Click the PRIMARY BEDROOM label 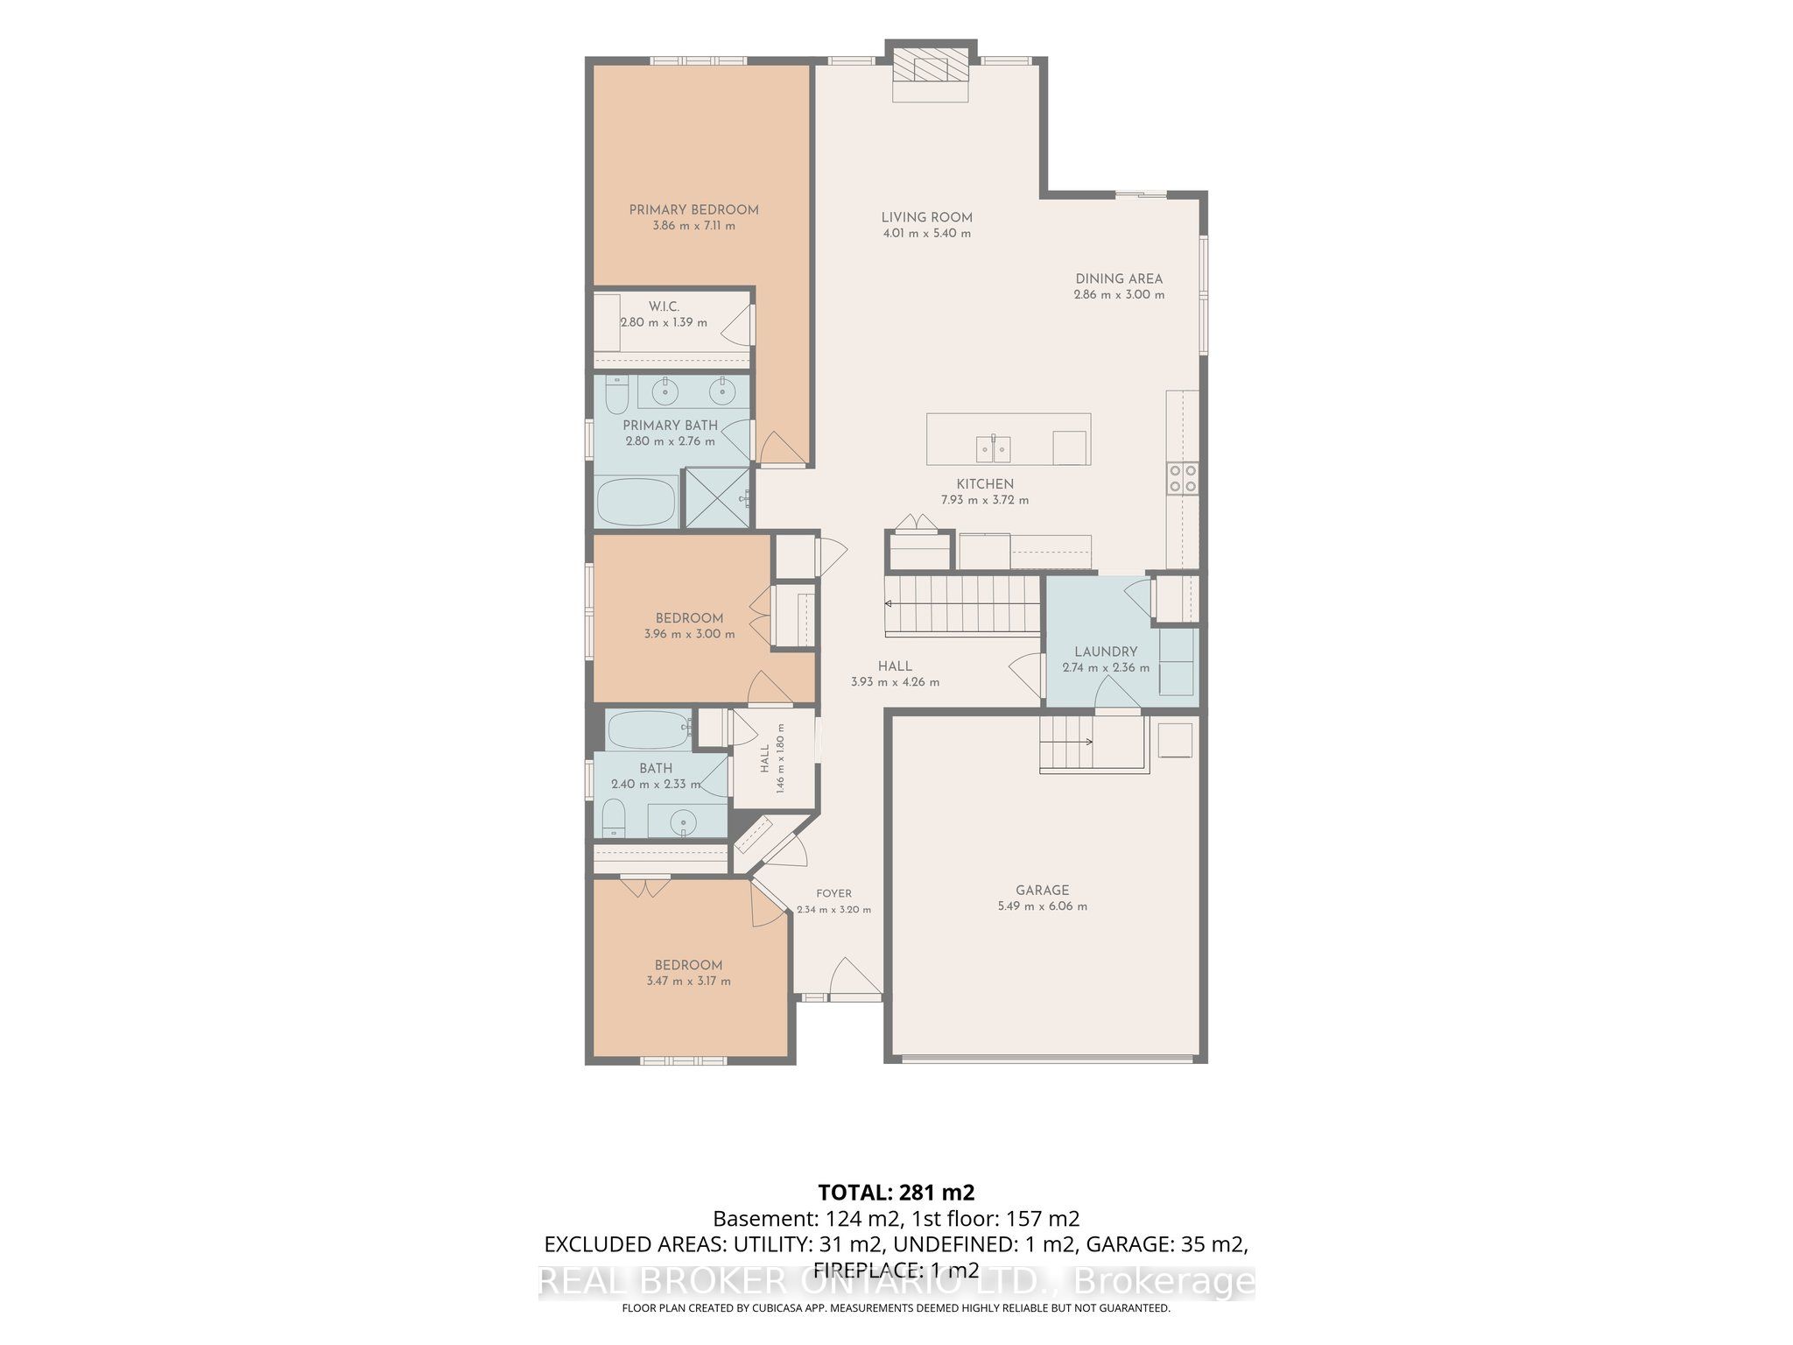pyautogui.click(x=693, y=209)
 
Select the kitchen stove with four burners pyautogui.click(x=1182, y=478)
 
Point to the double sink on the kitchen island pyautogui.click(x=994, y=448)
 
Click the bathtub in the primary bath pyautogui.click(x=636, y=503)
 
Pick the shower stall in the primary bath pyautogui.click(x=717, y=498)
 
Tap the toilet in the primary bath pyautogui.click(x=616, y=396)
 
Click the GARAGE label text pyautogui.click(x=1042, y=890)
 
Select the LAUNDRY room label pyautogui.click(x=1106, y=651)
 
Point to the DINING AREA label pyautogui.click(x=1119, y=278)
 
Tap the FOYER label pyautogui.click(x=833, y=893)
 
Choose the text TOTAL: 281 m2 pyautogui.click(x=896, y=1193)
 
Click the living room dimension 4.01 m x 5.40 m pyautogui.click(x=926, y=233)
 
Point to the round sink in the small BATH pyautogui.click(x=682, y=822)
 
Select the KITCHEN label pyautogui.click(x=985, y=484)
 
